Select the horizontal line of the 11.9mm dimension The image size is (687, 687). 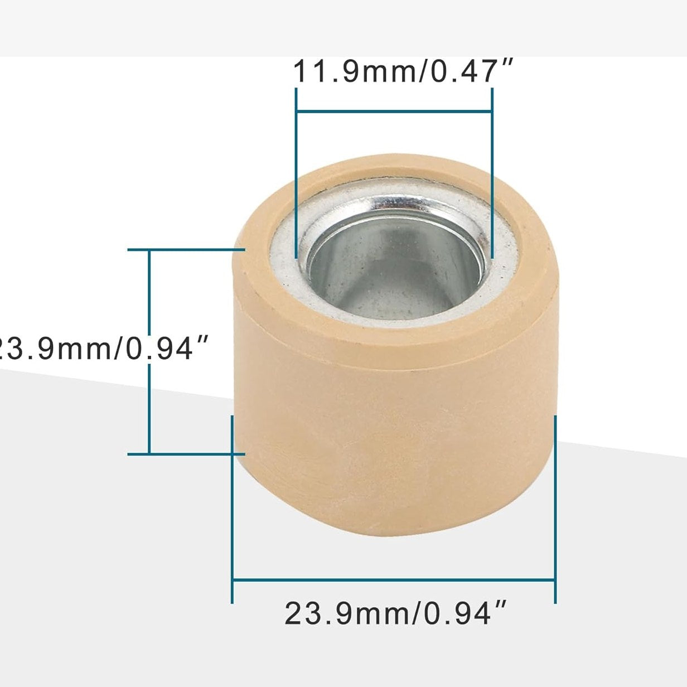394,111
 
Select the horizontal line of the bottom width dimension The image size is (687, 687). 394,580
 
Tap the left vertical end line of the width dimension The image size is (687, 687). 232,502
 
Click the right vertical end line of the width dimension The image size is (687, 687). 555,502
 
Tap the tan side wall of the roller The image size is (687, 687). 390,446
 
